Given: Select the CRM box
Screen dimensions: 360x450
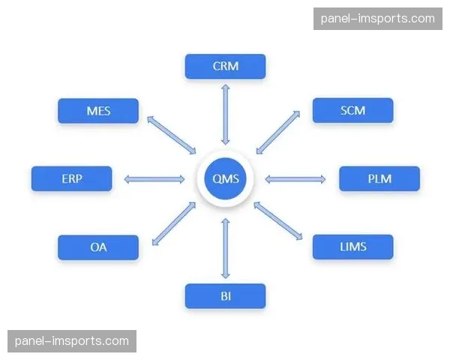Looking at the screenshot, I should click(225, 66).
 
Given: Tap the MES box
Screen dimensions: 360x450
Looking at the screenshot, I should click(98, 111).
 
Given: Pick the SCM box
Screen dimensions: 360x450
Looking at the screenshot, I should click(352, 111).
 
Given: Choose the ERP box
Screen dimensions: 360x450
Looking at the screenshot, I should click(71, 178).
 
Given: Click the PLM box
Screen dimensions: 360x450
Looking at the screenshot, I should click(379, 178).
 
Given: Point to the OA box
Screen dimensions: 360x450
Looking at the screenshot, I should click(98, 247).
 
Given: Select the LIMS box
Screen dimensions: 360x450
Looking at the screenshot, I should click(352, 246).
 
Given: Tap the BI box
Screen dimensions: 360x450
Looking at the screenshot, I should click(225, 296).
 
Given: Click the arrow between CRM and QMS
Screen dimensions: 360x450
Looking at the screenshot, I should click(225, 114).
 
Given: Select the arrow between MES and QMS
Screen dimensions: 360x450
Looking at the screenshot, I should click(171, 135).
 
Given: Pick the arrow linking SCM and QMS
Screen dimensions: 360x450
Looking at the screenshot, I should click(278, 132).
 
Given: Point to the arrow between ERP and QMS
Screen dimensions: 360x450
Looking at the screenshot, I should click(154, 178).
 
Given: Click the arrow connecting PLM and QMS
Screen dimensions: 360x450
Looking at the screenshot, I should click(295, 178).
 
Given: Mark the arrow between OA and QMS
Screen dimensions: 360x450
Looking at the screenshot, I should click(173, 223).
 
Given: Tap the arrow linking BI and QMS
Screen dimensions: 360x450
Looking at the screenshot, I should click(225, 247).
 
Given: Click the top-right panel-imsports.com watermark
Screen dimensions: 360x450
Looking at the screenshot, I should click(377, 19).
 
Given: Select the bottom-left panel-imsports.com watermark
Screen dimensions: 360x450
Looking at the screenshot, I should click(72, 341).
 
